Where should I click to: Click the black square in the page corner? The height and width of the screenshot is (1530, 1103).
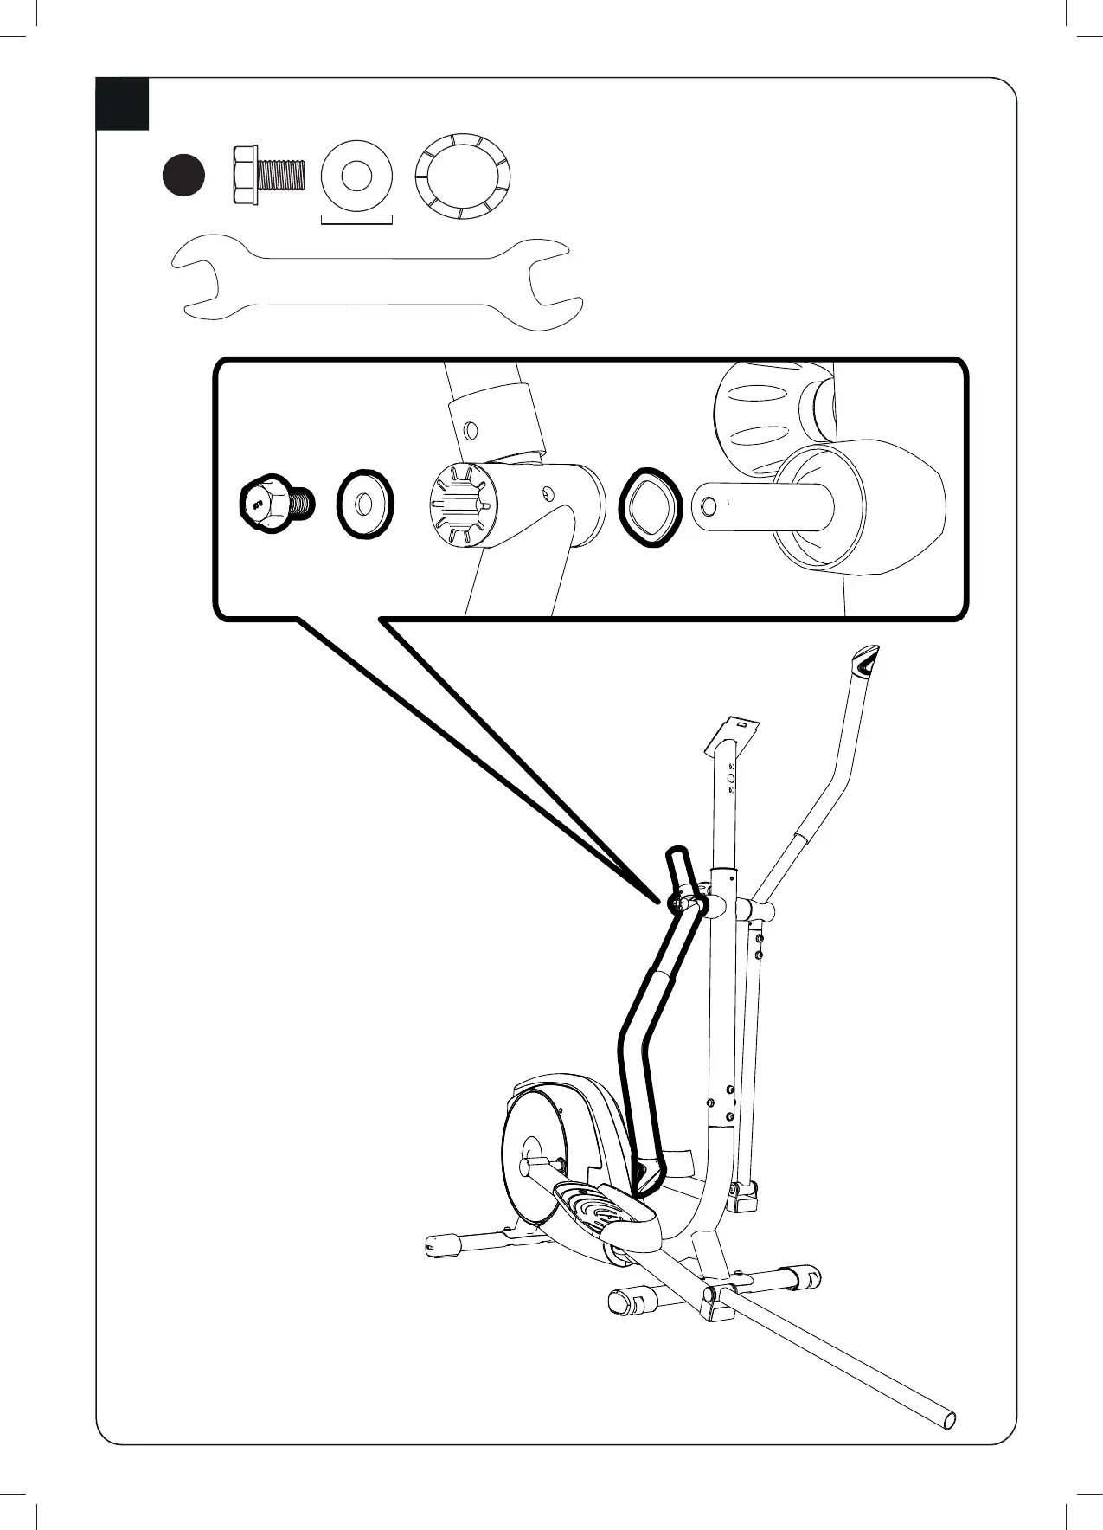[122, 104]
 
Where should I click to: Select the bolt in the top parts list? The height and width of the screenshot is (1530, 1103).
[268, 175]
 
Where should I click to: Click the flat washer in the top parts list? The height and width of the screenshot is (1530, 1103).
[356, 175]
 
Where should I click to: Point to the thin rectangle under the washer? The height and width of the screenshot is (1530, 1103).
[356, 219]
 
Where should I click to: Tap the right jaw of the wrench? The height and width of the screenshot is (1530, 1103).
[554, 282]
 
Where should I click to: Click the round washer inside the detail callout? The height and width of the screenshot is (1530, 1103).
[364, 504]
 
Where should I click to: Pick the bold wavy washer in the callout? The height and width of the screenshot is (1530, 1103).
[651, 507]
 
